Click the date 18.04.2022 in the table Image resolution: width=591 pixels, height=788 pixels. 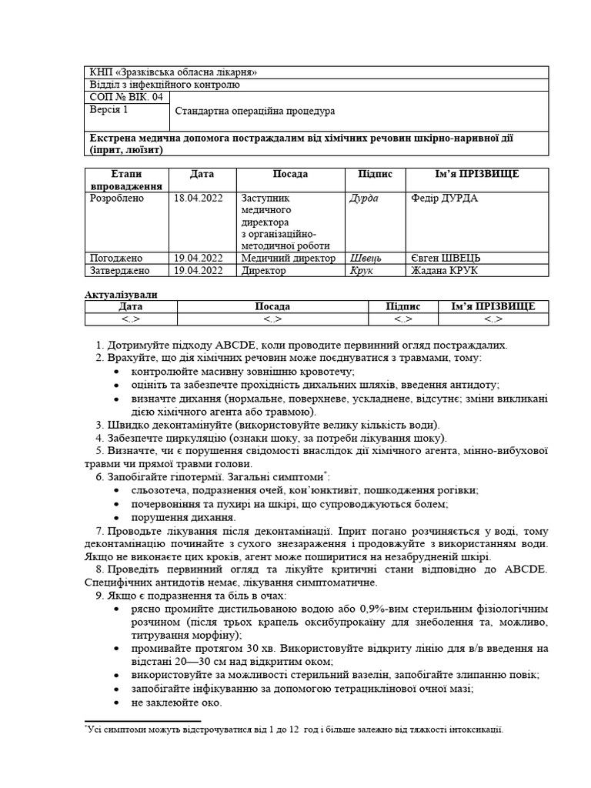pyautogui.click(x=199, y=199)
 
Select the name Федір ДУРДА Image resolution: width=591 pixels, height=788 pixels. pyautogui.click(x=445, y=199)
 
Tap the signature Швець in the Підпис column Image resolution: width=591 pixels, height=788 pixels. pyautogui.click(x=366, y=259)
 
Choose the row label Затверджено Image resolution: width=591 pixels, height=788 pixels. pyautogui.click(x=120, y=271)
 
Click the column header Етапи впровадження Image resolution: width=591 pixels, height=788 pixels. pyautogui.click(x=126, y=180)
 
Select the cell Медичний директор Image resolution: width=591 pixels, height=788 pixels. pyautogui.click(x=288, y=259)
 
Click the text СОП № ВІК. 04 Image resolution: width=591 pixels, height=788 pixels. pyautogui.click(x=126, y=97)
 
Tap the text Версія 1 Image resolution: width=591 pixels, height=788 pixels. pyautogui.click(x=109, y=110)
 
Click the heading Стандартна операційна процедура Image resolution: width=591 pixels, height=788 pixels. pyautogui.click(x=255, y=111)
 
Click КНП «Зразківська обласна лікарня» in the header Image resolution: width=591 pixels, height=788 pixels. pyautogui.click(x=174, y=72)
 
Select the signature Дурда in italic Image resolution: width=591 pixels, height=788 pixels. pyautogui.click(x=364, y=199)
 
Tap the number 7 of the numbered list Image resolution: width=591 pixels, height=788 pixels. pyautogui.click(x=101, y=531)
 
